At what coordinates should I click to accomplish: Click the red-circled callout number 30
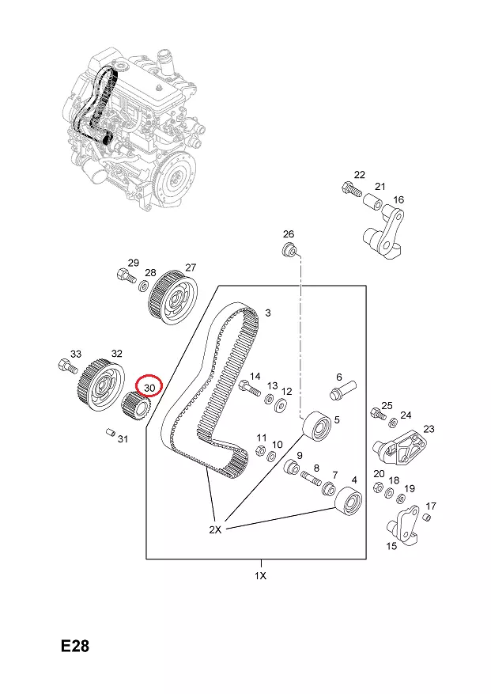coord(149,386)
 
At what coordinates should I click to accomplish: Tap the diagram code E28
coord(75,647)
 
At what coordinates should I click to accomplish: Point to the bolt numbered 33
coord(66,366)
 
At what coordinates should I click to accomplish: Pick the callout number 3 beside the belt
coord(267,314)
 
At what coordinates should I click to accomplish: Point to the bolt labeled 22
coord(349,188)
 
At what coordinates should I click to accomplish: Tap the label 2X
coord(215,530)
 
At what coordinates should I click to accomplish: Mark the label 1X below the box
coord(260,575)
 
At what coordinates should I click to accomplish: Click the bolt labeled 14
coord(247,389)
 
